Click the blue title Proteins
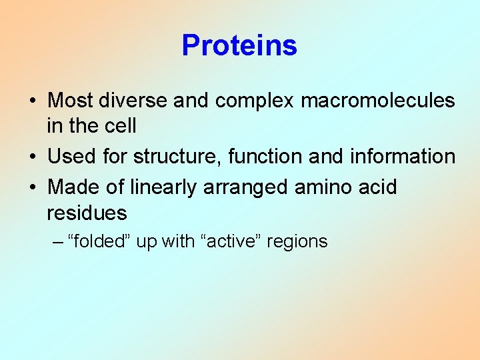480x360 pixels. tap(239, 45)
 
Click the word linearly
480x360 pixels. tap(158, 188)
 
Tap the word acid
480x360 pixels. tap(376, 187)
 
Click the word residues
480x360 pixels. tap(87, 213)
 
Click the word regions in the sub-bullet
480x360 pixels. tap(297, 242)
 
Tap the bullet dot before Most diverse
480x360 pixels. tap(32, 101)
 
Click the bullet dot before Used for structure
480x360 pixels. tap(32, 157)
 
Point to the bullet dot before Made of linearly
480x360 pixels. tap(32, 188)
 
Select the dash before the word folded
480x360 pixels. tap(59, 241)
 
